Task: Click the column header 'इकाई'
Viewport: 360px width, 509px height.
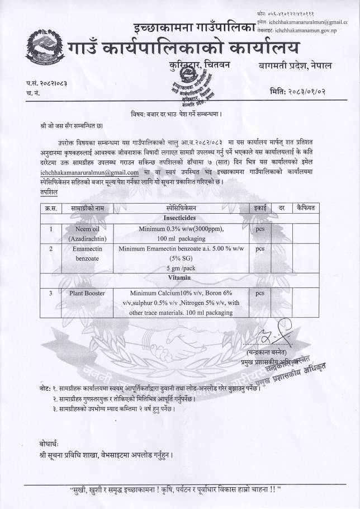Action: click(259, 208)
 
